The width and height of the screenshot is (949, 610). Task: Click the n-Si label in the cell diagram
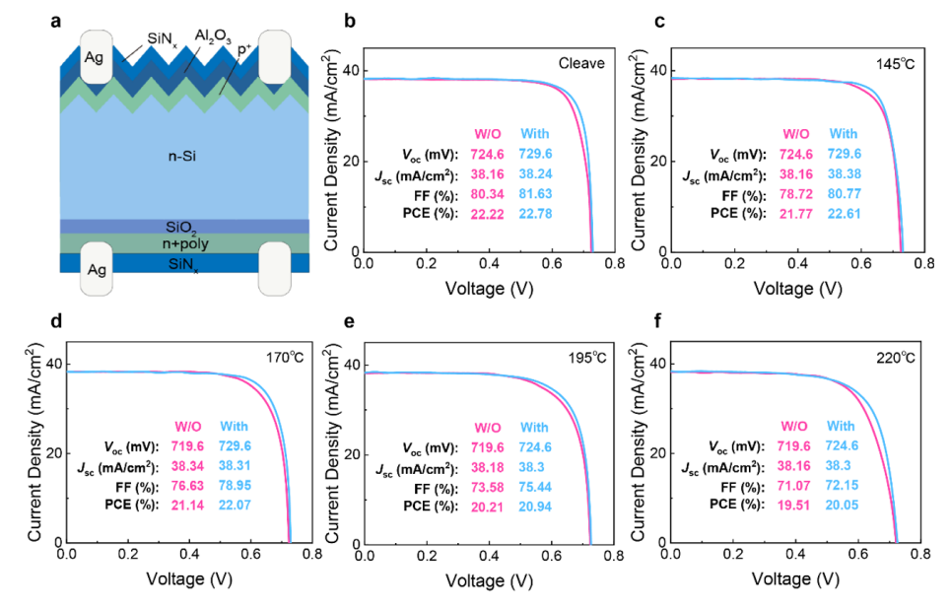(x=181, y=156)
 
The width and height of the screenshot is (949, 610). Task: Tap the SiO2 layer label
(x=181, y=228)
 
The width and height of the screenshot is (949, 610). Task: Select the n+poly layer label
(x=185, y=243)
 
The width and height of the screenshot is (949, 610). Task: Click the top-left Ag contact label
(x=94, y=57)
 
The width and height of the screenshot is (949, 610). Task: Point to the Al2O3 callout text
(x=213, y=36)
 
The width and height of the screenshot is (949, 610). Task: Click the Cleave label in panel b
(x=581, y=63)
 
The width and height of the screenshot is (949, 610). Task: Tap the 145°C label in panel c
(x=895, y=63)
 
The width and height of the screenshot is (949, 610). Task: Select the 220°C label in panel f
(x=896, y=358)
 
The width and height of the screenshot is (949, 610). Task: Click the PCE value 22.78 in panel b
(x=535, y=214)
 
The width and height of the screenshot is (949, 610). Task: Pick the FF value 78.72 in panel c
(x=796, y=194)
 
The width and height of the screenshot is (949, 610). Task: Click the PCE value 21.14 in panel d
(x=187, y=506)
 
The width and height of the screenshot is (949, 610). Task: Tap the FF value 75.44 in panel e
(x=535, y=487)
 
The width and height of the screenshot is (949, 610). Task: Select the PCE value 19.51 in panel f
(x=793, y=505)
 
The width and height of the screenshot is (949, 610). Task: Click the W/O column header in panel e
(x=488, y=428)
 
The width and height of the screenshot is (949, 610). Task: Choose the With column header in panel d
(x=235, y=426)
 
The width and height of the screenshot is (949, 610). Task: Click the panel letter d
(x=56, y=320)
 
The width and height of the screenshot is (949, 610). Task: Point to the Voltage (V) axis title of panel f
(x=795, y=579)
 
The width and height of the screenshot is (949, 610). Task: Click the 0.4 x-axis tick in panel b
(x=489, y=263)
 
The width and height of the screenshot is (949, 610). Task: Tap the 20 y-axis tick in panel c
(x=658, y=161)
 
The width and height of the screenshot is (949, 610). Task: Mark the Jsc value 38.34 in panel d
(x=187, y=466)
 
